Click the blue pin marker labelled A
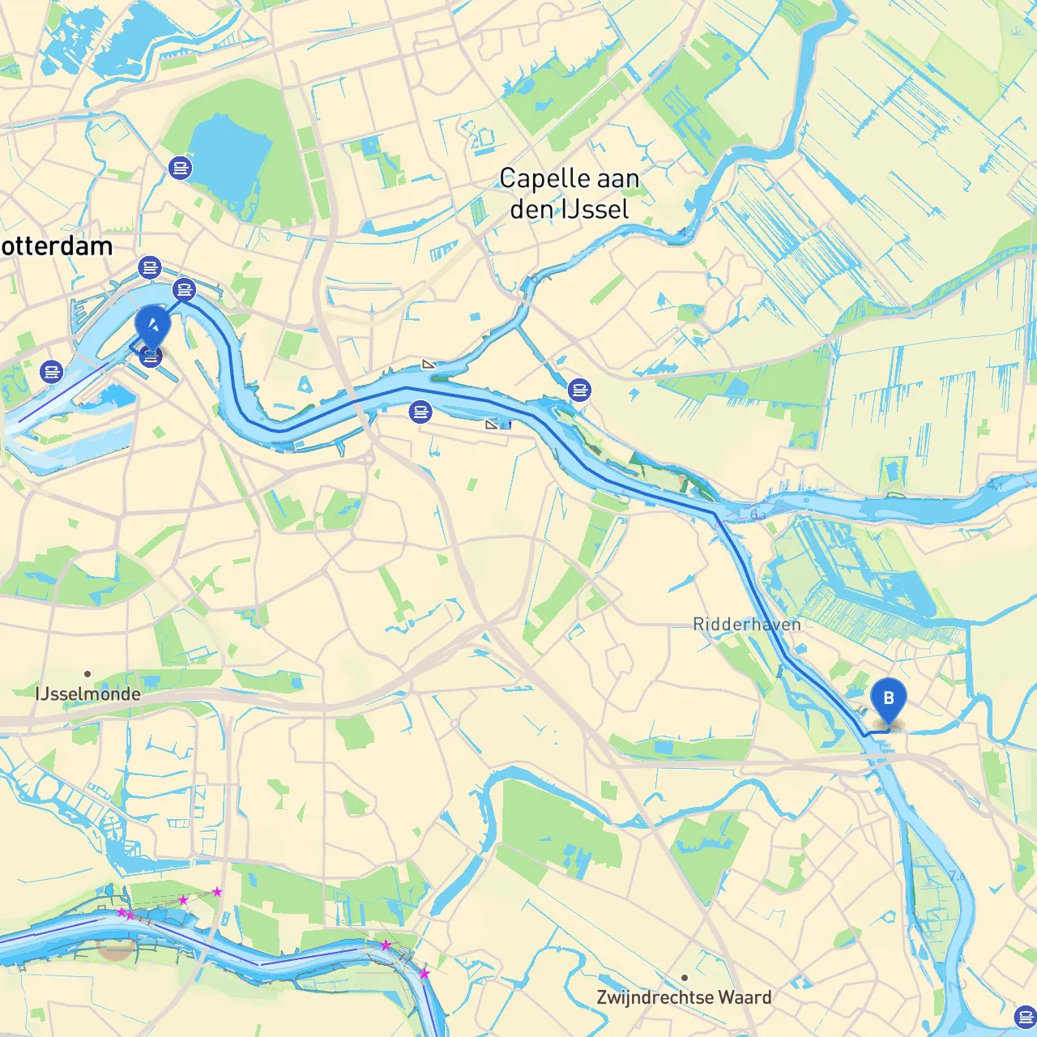[x=152, y=326]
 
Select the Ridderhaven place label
[x=746, y=625]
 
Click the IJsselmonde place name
[x=87, y=694]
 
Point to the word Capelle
[x=540, y=179]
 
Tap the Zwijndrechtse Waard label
[x=684, y=998]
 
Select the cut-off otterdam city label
[x=57, y=246]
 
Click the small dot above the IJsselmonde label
[x=87, y=674]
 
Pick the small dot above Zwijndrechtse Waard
[x=685, y=978]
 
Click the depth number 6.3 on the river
[x=758, y=514]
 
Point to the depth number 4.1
[x=995, y=484]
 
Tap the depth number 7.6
[x=957, y=876]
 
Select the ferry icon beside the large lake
[x=179, y=168]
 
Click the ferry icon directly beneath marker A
[x=151, y=356]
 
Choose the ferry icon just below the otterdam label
[x=150, y=267]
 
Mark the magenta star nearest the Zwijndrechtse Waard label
[x=424, y=973]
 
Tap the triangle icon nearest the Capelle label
[x=429, y=365]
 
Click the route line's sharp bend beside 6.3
[x=715, y=514]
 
